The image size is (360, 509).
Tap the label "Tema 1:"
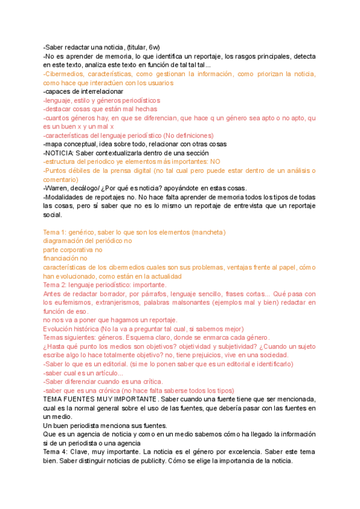(x=57, y=232)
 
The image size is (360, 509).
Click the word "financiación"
(x=62, y=259)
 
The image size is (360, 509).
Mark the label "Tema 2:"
(x=57, y=285)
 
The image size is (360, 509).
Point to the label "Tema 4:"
(x=57, y=452)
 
